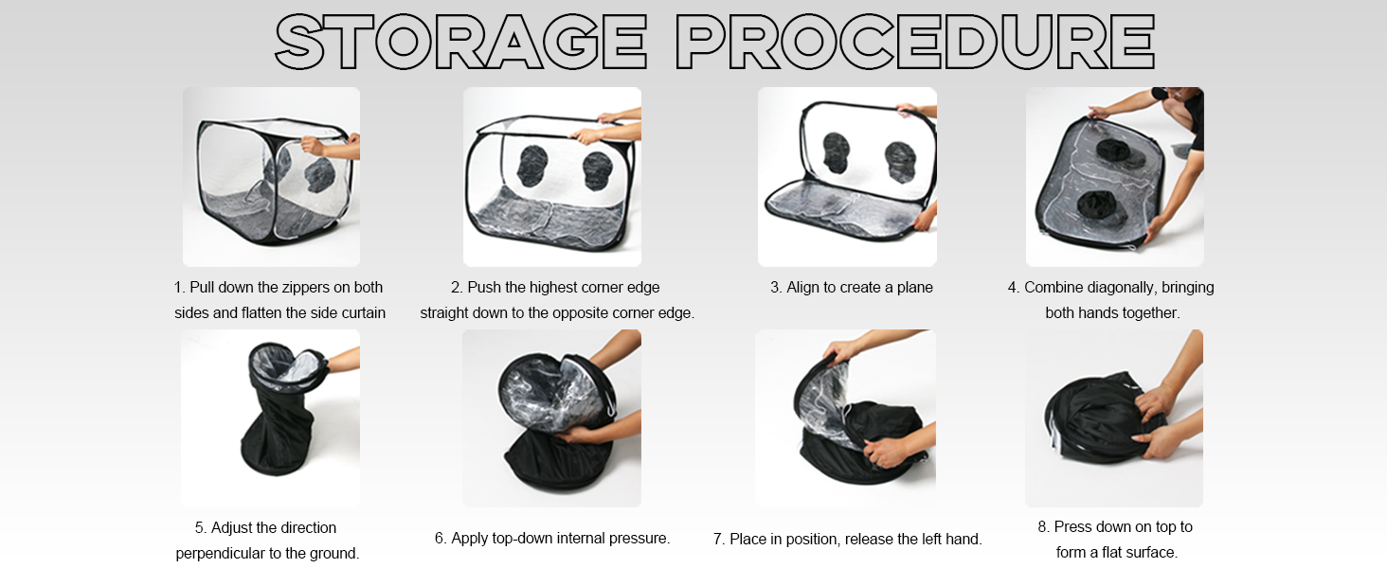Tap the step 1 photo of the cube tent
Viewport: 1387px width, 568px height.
click(x=271, y=177)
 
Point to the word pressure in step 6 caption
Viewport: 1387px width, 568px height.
click(x=639, y=539)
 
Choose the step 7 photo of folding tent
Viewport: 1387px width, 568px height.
click(x=845, y=417)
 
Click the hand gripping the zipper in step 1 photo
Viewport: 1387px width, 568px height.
click(x=317, y=146)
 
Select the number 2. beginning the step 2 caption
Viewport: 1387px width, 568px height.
click(x=457, y=287)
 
